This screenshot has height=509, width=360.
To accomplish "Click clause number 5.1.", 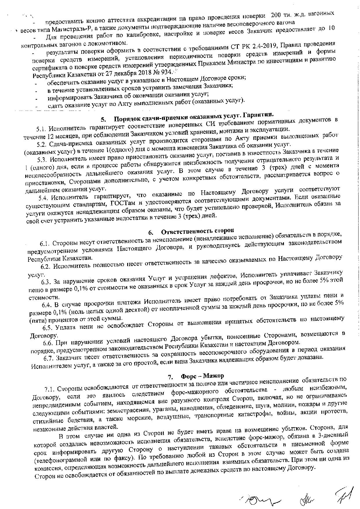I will pyautogui.click(x=42, y=128).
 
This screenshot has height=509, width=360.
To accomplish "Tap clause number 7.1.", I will pyautogui.click(x=50, y=389).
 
